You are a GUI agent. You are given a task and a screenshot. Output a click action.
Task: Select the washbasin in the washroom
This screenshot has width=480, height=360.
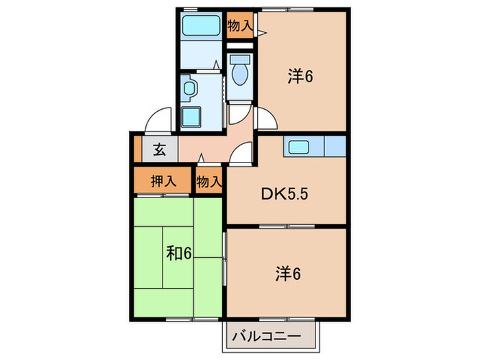(189, 88)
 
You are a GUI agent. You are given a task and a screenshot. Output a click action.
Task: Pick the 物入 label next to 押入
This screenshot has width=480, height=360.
(208, 182)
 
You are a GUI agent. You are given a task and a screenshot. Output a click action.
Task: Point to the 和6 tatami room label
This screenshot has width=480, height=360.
(178, 254)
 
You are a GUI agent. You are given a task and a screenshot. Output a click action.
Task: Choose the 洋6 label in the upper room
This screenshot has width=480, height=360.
(300, 77)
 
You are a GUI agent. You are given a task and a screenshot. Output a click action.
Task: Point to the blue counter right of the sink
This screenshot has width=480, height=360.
(333, 147)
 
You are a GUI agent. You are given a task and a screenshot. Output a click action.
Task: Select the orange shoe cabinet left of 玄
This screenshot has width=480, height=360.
(137, 148)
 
